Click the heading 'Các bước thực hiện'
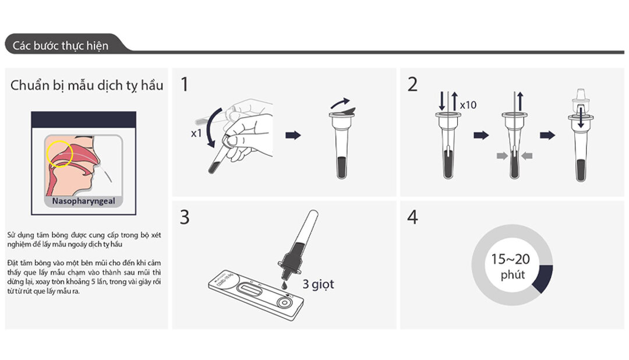click(x=61, y=45)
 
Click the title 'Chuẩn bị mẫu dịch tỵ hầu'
click(x=87, y=86)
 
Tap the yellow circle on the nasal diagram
click(x=59, y=153)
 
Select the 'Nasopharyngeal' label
click(x=83, y=202)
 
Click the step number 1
click(x=185, y=85)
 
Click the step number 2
click(x=412, y=85)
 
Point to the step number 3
click(x=185, y=217)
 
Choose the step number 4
click(x=412, y=217)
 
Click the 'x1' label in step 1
click(x=196, y=133)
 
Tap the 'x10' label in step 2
click(x=468, y=105)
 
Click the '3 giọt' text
click(x=318, y=285)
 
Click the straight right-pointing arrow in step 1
click(x=294, y=135)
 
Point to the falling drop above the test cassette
click(x=284, y=285)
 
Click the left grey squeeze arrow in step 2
click(x=500, y=155)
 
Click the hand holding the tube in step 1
click(x=248, y=131)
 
